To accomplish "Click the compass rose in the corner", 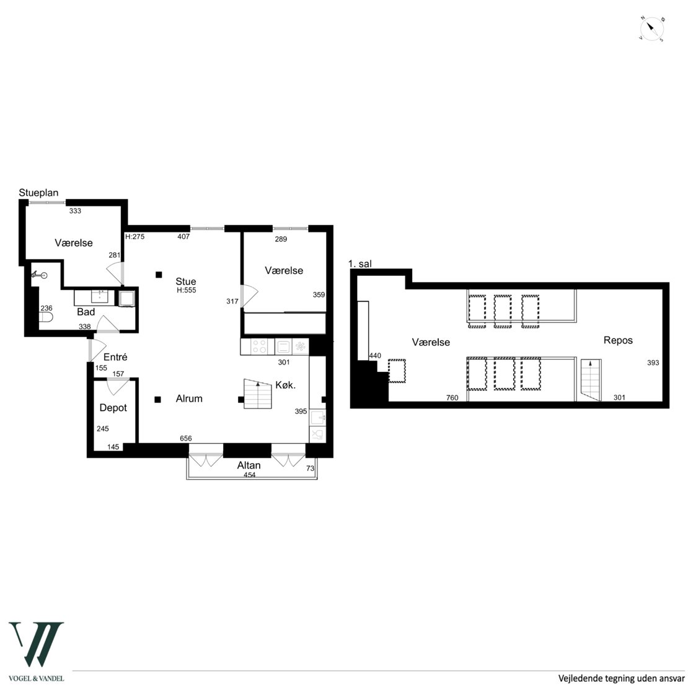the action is pos(651,29).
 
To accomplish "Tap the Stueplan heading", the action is pos(38,193).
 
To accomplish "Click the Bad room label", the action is pos(86,312).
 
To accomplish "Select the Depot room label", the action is pos(113,408).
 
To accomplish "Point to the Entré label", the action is pos(115,357).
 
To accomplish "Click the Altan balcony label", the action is pos(249,465).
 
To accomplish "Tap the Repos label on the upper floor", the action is pos(618,340).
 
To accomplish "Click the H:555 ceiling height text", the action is pos(187,290).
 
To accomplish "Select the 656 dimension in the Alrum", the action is pos(186,438).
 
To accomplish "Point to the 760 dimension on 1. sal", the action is pos(452,397).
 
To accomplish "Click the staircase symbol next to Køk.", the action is pos(258,394).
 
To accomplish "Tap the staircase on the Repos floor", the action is pos(591,380).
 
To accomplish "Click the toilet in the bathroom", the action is pos(46,317).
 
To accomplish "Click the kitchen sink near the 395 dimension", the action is pos(318,418).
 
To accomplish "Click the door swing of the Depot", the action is pos(118,386).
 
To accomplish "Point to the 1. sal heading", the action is pos(359,263).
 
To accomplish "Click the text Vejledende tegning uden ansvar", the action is pos(621,678).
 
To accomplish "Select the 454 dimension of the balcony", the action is pos(250,475).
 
